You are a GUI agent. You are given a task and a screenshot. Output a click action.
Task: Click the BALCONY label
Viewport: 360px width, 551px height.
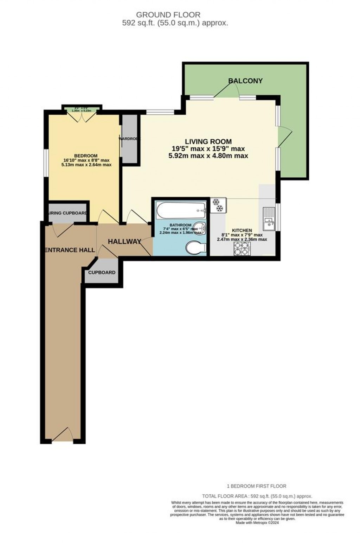click(x=245, y=81)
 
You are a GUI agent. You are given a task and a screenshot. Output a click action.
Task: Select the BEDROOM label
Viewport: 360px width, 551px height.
click(x=85, y=156)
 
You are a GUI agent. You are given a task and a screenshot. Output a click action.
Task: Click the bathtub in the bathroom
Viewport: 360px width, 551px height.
click(x=181, y=211)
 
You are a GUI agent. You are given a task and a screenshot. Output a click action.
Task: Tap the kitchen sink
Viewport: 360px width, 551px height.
click(x=269, y=218)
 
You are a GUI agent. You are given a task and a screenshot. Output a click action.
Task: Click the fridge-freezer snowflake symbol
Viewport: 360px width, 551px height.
click(x=218, y=205)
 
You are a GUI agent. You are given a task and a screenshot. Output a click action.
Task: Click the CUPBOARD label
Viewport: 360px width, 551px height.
click(x=102, y=273)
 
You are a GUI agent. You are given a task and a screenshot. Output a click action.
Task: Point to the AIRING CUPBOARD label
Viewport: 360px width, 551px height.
click(x=67, y=213)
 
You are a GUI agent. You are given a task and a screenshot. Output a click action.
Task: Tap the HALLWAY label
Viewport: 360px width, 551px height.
click(x=124, y=242)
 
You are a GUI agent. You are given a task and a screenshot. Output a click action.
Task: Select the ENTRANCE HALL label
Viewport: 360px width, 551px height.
click(x=69, y=250)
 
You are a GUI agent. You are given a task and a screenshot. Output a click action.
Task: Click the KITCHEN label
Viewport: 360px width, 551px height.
click(x=242, y=230)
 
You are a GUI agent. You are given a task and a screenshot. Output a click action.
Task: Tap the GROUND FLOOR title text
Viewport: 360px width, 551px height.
click(x=168, y=15)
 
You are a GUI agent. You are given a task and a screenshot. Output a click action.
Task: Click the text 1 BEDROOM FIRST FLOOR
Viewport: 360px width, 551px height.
click(x=256, y=486)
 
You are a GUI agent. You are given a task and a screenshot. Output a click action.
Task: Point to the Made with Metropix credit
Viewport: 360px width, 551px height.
click(x=257, y=523)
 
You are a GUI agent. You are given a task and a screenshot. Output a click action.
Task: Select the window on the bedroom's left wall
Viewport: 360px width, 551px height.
click(x=45, y=162)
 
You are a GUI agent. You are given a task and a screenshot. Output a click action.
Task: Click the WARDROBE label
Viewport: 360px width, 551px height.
click(x=129, y=139)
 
